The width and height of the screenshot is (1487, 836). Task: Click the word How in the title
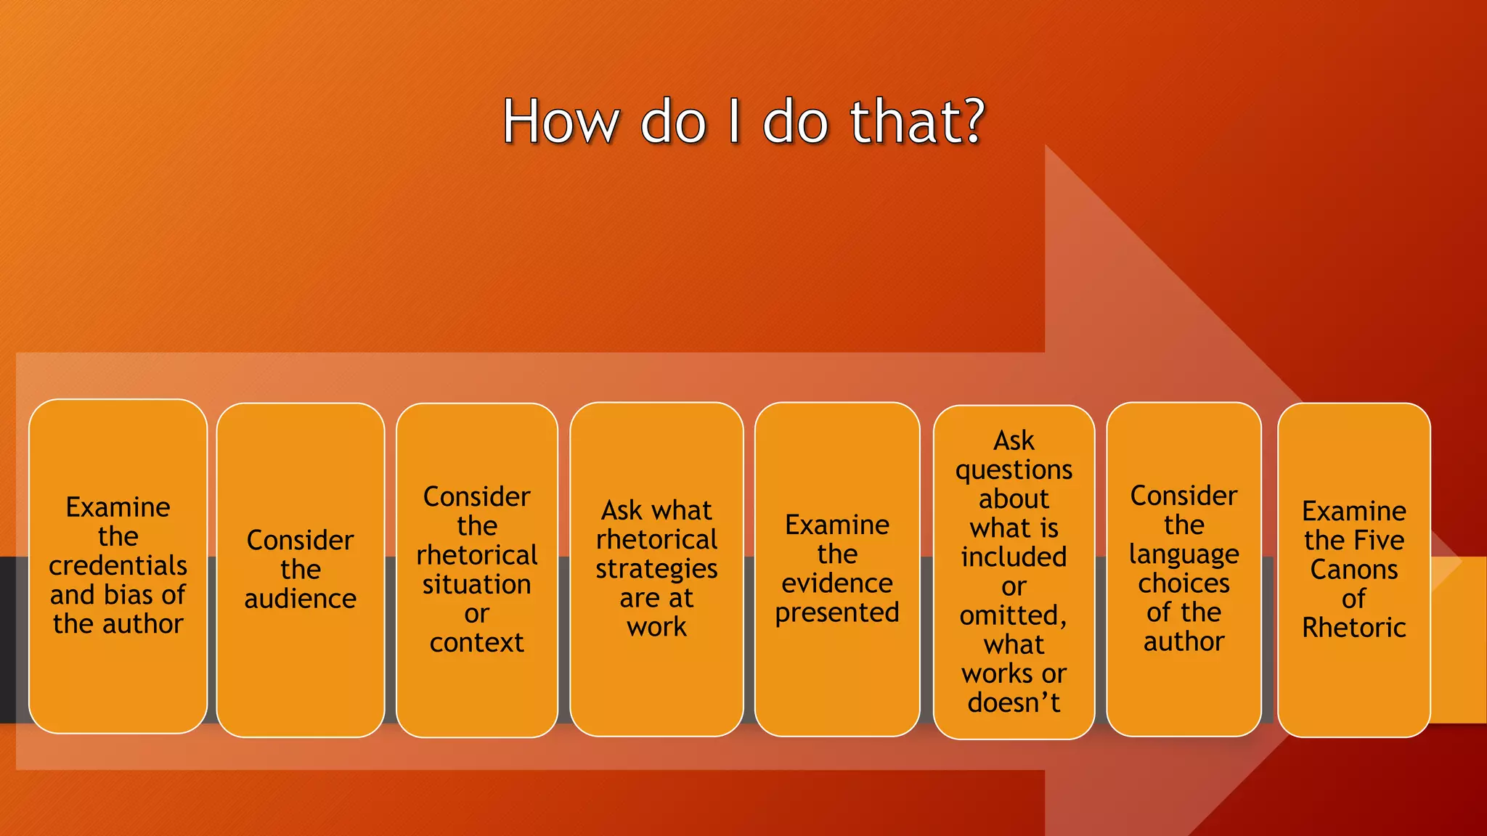[560, 121]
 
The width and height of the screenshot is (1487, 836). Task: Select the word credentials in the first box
[118, 566]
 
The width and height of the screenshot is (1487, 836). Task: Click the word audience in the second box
[300, 599]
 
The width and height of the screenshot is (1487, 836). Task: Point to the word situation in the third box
[476, 584]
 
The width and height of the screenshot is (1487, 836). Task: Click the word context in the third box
[476, 642]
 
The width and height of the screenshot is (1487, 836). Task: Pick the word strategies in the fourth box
[656, 570]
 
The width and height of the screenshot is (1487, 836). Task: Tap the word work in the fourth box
[656, 626]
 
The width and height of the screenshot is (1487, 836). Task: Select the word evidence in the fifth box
[836, 583]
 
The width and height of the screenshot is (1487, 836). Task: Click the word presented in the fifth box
[836, 613]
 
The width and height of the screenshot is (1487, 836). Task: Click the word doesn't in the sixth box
[1014, 702]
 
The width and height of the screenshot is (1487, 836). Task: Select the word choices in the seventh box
[1184, 583]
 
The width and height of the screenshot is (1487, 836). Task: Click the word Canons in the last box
[1353, 569]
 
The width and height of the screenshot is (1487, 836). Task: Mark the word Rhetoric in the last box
[1353, 627]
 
